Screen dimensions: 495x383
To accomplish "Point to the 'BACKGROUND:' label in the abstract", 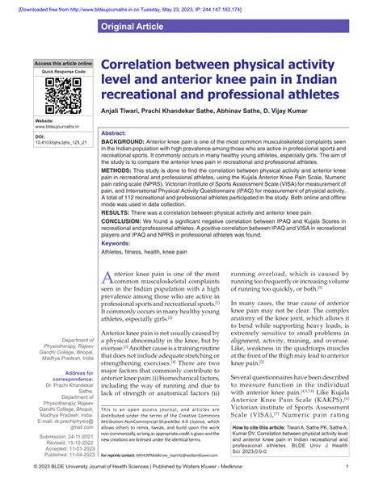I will pos(123,141).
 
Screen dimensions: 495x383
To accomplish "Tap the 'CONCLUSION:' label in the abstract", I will pos(122,220).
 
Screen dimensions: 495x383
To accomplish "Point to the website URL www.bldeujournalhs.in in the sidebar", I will pos(59,128).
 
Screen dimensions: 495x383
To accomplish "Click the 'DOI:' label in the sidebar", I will pos(40,137).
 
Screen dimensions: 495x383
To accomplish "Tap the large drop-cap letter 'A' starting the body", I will pos(108,279).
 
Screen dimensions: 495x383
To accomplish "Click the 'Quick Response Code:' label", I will pos(63,71).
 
